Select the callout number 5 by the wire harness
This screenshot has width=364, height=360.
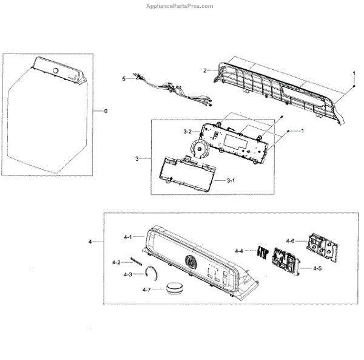click(123, 78)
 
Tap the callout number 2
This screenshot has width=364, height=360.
click(205, 71)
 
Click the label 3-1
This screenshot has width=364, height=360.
click(231, 181)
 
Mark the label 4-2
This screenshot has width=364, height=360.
click(116, 262)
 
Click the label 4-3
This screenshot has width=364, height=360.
click(127, 274)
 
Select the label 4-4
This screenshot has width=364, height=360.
click(240, 250)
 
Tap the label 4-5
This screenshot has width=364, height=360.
click(317, 268)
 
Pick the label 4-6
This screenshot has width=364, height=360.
click(290, 241)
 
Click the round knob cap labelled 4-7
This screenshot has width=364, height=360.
click(175, 288)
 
